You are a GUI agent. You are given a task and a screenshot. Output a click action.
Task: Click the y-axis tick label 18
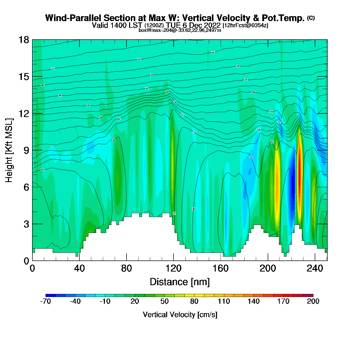[x=24, y=40]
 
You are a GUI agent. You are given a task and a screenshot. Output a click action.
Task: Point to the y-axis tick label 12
[x=24, y=113]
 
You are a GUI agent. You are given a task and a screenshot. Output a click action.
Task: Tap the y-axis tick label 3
[x=26, y=224]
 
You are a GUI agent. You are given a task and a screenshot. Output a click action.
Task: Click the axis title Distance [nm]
[x=180, y=282]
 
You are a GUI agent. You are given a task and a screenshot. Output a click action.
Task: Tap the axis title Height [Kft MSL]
[x=9, y=150]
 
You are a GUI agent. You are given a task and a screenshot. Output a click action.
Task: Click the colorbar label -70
[x=46, y=301]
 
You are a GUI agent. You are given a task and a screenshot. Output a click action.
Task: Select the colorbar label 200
[x=313, y=301]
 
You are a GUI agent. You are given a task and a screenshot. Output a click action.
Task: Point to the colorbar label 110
[x=224, y=301]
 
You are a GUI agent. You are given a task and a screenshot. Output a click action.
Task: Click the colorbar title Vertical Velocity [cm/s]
[x=180, y=315]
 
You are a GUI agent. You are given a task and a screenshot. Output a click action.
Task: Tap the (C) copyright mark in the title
[x=311, y=18]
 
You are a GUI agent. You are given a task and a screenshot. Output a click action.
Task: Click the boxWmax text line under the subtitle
[x=180, y=30]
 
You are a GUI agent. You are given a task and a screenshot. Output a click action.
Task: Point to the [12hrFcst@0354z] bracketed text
[x=245, y=25]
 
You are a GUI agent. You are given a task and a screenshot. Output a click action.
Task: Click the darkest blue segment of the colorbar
[x=50, y=295]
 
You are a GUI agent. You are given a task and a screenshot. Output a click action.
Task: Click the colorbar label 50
[x=164, y=301]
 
